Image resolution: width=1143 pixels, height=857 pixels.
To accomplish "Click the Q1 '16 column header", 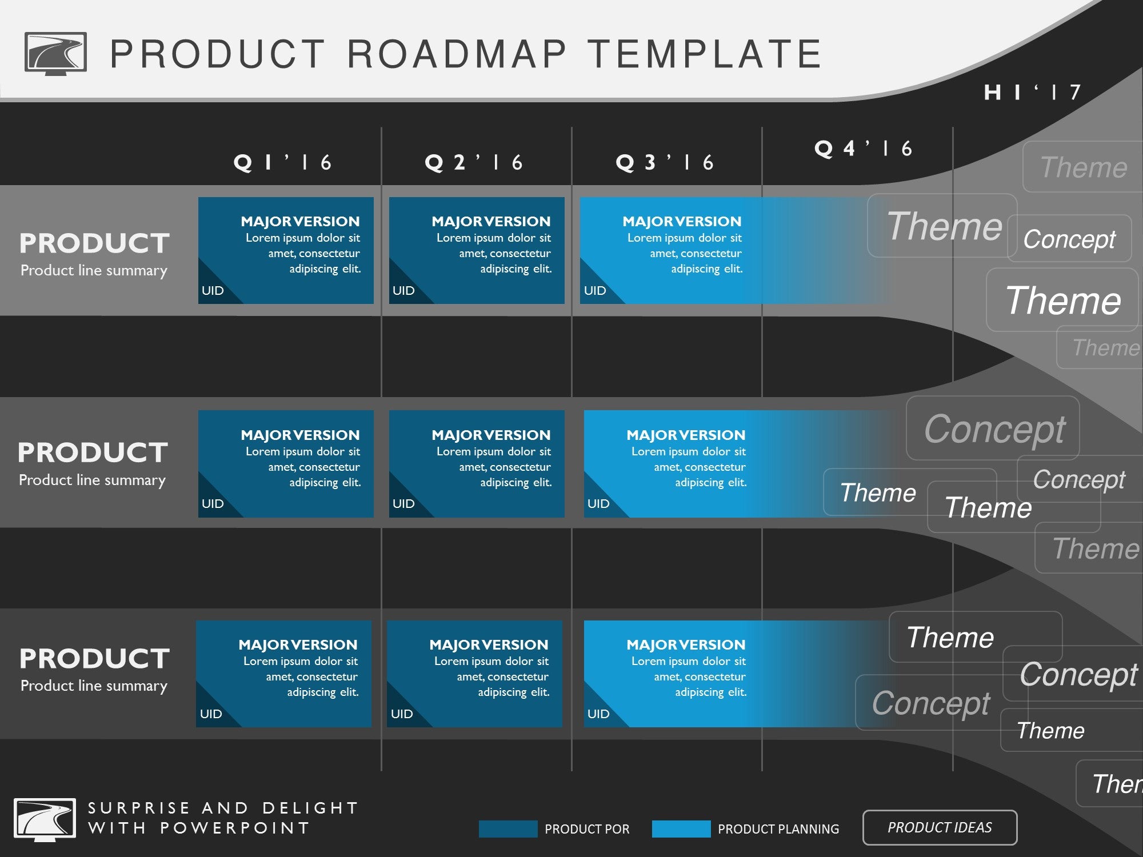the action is pyautogui.click(x=283, y=163).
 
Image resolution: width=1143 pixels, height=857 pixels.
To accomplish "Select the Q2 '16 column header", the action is pyautogui.click(x=474, y=163).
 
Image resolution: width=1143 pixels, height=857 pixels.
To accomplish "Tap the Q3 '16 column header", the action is pyautogui.click(x=665, y=163).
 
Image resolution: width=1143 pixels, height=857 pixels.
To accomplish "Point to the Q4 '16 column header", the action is pyautogui.click(x=863, y=149).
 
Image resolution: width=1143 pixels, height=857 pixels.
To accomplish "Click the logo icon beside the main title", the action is pyautogui.click(x=55, y=53).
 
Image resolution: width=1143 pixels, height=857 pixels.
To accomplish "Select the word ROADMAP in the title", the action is pyautogui.click(x=457, y=54).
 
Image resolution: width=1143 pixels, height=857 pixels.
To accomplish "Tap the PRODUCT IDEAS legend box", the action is pyautogui.click(x=940, y=827).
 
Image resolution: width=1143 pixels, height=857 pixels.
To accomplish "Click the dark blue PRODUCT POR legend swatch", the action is pyautogui.click(x=508, y=829).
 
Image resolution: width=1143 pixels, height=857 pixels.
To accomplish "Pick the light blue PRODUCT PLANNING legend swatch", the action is pyautogui.click(x=681, y=829).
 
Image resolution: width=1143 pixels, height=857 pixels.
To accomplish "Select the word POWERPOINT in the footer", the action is pyautogui.click(x=234, y=828).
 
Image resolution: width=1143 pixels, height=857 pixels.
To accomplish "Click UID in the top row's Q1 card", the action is pyautogui.click(x=213, y=290).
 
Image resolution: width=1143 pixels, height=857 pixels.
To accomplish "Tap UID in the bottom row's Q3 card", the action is pyautogui.click(x=598, y=714).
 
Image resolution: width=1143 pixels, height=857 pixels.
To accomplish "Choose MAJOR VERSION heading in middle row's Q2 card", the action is pyautogui.click(x=491, y=435).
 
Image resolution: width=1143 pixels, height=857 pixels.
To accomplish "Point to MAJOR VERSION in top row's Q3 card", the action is pyautogui.click(x=682, y=221).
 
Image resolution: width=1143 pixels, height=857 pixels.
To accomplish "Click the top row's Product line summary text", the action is pyautogui.click(x=94, y=270).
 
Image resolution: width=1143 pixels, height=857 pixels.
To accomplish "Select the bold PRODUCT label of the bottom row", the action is pyautogui.click(x=94, y=658).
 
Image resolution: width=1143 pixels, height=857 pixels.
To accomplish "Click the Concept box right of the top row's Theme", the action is pyautogui.click(x=1069, y=238).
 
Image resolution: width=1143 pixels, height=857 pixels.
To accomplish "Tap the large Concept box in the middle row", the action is pyautogui.click(x=993, y=428).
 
